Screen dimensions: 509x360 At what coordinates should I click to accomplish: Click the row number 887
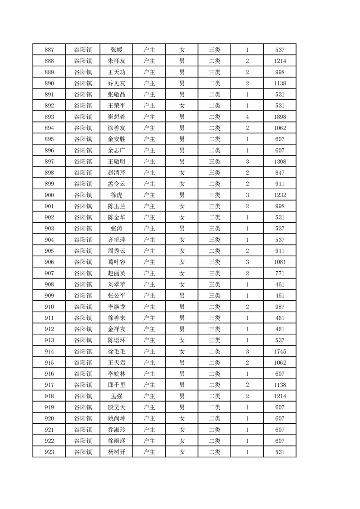[x=49, y=49]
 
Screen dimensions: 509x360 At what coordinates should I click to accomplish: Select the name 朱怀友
[x=116, y=61]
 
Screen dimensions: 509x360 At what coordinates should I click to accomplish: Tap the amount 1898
[x=280, y=117]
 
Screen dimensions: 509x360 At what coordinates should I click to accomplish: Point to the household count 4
[x=247, y=117]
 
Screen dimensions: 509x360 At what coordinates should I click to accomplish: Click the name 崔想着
[x=116, y=117]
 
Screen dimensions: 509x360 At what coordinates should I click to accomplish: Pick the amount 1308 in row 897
[x=280, y=162]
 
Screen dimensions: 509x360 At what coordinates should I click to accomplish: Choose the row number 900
[x=49, y=195]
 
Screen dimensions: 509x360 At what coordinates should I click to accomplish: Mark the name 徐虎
[x=116, y=195]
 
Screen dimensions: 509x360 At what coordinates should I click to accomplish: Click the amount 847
[x=280, y=173]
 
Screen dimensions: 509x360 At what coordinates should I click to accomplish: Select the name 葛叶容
[x=116, y=262]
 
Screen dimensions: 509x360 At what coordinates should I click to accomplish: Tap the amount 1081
[x=280, y=262]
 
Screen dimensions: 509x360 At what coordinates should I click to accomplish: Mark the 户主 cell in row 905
[x=149, y=251]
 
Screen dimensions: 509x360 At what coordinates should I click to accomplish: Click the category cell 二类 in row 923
[x=214, y=452]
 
